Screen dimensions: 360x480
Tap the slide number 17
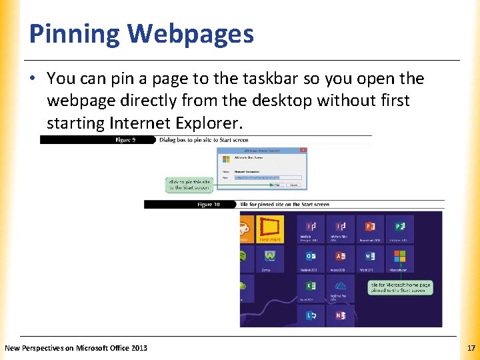pyautogui.click(x=471, y=348)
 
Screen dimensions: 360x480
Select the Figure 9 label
pyautogui.click(x=125, y=140)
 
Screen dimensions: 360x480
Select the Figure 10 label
pyautogui.click(x=209, y=205)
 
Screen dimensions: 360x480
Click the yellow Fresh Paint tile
pyautogui.click(x=270, y=229)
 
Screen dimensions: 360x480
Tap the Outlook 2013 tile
pyautogui.click(x=311, y=259)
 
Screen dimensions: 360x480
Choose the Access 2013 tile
pyautogui.click(x=341, y=259)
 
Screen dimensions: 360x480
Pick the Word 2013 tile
pyautogui.click(x=370, y=259)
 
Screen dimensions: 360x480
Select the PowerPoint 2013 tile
pyautogui.click(x=370, y=229)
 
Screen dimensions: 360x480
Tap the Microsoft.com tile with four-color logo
pyautogui.click(x=399, y=259)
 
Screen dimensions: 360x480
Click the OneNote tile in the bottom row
pyautogui.click(x=341, y=315)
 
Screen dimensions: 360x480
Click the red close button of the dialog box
pyautogui.click(x=304, y=151)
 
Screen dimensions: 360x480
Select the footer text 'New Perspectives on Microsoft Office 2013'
pyautogui.click(x=76, y=348)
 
